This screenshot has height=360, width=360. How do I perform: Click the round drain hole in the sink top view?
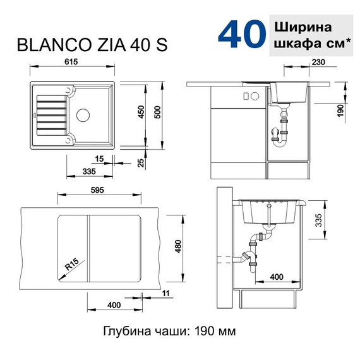pos(83,116)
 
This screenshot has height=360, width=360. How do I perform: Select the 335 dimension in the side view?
pos(319,220)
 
